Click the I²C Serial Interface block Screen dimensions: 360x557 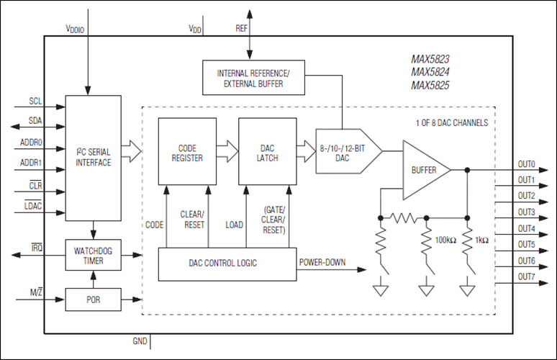[x=93, y=157]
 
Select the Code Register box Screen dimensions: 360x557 [x=187, y=152]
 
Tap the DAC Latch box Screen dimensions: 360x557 [x=267, y=152]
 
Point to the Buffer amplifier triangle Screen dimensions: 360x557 [x=424, y=170]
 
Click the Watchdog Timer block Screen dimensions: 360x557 [x=93, y=255]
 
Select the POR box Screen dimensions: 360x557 [x=93, y=299]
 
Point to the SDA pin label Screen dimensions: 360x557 [x=36, y=120]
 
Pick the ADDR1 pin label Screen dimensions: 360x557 [x=32, y=163]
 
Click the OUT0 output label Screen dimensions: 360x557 [x=526, y=163]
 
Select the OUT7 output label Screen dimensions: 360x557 [x=526, y=277]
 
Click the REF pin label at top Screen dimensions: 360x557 [x=242, y=29]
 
